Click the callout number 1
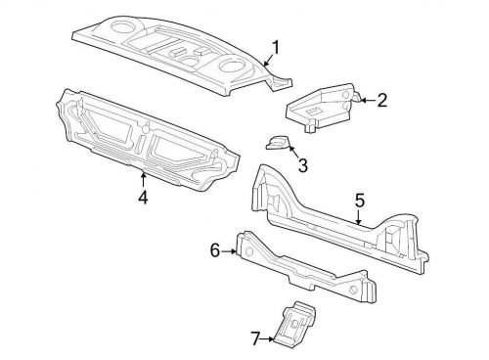click(x=276, y=47)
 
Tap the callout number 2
click(x=381, y=99)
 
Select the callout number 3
click(x=302, y=166)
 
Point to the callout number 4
click(x=143, y=197)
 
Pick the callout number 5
click(x=359, y=200)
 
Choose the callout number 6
click(x=215, y=250)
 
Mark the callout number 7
click(x=256, y=338)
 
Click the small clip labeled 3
click(x=277, y=143)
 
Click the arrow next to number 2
click(x=365, y=98)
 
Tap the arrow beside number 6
click(x=231, y=251)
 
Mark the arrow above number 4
click(x=143, y=179)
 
